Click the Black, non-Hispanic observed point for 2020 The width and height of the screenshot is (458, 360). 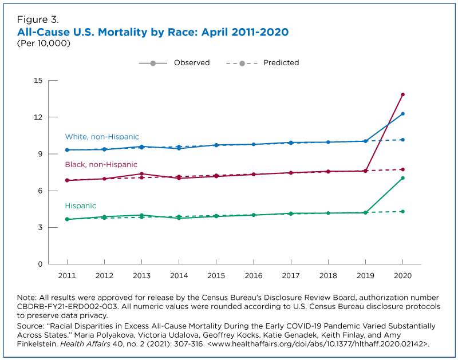(403, 94)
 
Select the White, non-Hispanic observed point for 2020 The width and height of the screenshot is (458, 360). (403, 114)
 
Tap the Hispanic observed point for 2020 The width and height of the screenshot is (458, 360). (403, 178)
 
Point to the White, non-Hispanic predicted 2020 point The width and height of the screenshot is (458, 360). (403, 140)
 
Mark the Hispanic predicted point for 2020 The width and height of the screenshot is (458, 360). (403, 212)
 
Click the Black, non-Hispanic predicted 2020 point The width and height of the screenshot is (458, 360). (403, 169)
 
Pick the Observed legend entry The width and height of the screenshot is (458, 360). (175, 63)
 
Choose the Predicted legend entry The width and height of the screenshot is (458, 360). (263, 63)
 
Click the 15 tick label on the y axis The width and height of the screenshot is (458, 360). (38, 81)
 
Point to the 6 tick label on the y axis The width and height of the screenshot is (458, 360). (40, 191)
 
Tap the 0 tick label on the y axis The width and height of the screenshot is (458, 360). (40, 264)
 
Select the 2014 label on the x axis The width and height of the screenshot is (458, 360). (179, 276)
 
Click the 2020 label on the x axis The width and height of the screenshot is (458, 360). (403, 276)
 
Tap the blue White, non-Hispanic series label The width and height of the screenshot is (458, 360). (102, 137)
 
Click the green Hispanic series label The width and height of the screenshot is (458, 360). (81, 206)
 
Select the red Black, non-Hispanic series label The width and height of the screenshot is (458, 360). (101, 165)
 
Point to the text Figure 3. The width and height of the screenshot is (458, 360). (38, 19)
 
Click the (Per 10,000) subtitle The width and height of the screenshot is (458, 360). (44, 43)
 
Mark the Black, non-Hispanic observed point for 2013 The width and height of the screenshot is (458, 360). (141, 174)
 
